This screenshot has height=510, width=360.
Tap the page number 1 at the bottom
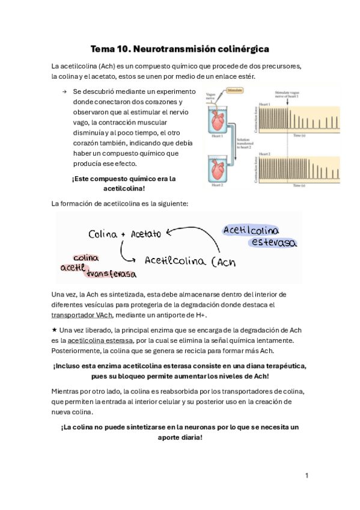pyautogui.click(x=307, y=476)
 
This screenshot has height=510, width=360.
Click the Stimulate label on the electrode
pyautogui.click(x=236, y=90)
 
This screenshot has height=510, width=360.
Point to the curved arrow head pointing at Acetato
pyautogui.click(x=169, y=232)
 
